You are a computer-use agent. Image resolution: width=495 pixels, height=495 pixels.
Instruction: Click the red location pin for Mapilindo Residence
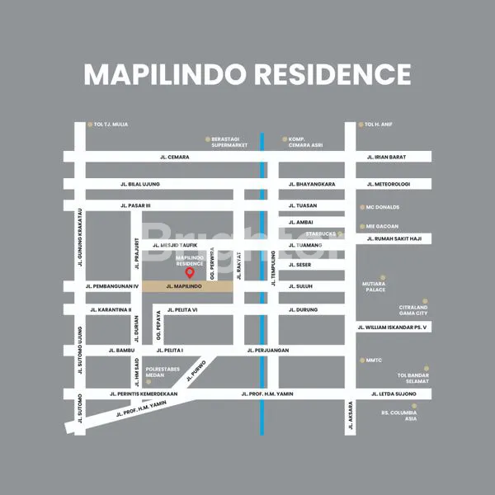pyautogui.click(x=189, y=273)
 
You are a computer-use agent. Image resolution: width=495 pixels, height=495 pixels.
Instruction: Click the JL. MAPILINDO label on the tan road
pyautogui.click(x=184, y=286)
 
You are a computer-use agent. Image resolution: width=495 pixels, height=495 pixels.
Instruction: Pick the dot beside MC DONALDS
pyautogui.click(x=361, y=207)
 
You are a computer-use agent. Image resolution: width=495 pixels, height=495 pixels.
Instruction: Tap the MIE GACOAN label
pyautogui.click(x=382, y=226)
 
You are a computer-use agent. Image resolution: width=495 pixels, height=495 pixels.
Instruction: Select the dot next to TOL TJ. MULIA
pyautogui.click(x=90, y=125)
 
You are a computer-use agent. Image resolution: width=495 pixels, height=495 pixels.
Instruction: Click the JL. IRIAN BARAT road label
pyautogui.click(x=386, y=157)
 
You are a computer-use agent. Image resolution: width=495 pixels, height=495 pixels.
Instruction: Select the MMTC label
pyautogui.click(x=374, y=361)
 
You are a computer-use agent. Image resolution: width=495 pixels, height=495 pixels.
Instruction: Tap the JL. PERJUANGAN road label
pyautogui.click(x=268, y=350)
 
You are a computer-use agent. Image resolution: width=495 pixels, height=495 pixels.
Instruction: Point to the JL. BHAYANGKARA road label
pyautogui.click(x=311, y=184)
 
